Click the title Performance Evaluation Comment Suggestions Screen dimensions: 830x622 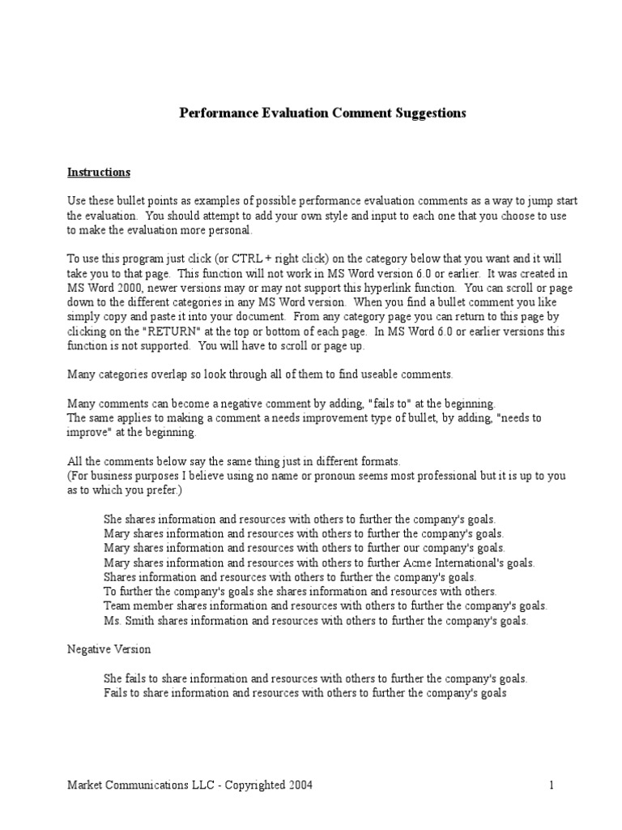pos(322,113)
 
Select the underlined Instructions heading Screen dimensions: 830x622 pos(98,173)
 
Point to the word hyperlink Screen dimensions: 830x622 pos(458,288)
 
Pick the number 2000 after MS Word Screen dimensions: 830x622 pos(129,288)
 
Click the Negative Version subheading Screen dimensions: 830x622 pos(109,650)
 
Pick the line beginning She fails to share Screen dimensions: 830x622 pos(316,679)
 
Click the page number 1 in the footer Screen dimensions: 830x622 pos(551,785)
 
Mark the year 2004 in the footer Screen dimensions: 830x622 pos(297,785)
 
